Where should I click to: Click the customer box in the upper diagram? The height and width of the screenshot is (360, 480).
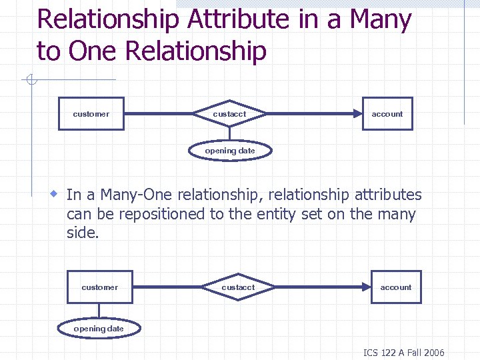point(91,114)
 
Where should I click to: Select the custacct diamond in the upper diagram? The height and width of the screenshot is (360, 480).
point(229,114)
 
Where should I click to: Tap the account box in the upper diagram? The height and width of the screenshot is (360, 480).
point(387,114)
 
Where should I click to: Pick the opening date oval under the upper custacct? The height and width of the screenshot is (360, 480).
point(230,151)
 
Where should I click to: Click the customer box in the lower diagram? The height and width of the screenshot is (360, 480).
point(99,287)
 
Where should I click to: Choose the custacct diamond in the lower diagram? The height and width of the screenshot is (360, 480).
point(238,287)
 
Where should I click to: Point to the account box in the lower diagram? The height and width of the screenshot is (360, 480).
point(396,287)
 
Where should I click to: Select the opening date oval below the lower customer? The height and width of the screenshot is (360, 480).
point(99,329)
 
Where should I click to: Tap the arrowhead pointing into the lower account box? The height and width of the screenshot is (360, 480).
point(366,287)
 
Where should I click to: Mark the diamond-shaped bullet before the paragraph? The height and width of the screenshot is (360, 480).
point(55,194)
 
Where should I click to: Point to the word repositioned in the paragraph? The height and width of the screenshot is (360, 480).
point(146,215)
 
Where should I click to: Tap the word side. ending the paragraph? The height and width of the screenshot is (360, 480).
point(83,234)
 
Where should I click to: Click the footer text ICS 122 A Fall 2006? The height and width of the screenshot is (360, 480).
point(403,353)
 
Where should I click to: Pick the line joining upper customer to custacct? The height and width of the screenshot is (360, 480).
point(160,114)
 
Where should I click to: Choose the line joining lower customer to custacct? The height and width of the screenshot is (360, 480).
point(168,287)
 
